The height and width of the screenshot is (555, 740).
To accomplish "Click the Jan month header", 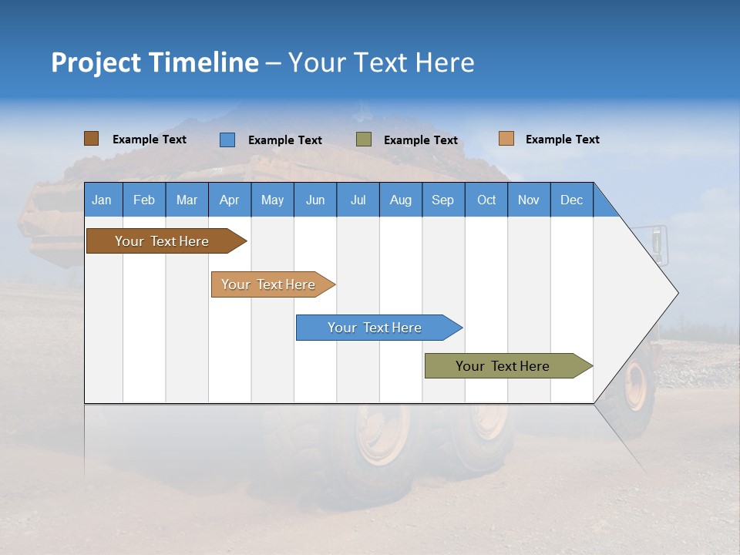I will coord(102,200).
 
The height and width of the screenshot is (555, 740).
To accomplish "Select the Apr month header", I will coord(229,200).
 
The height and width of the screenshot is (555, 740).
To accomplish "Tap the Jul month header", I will coord(358,200).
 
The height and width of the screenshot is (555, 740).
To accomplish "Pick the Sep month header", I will coord(442,200).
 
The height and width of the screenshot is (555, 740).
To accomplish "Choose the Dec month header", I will coord(571,200).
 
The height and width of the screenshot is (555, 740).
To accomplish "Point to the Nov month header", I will coord(528,200).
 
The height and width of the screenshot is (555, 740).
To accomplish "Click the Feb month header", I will coord(144,200).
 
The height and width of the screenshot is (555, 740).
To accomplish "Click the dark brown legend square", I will coord(92,139).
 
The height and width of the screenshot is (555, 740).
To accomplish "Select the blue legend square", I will coord(227,140).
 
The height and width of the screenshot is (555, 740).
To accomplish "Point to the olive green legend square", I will coord(364,140).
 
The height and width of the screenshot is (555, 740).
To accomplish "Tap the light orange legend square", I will coord(506,139).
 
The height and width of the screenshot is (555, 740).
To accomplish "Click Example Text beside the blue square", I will coord(284,140).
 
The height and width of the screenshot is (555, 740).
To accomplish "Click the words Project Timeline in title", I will coord(155,62).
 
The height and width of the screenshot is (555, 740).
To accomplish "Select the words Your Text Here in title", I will coord(381,62).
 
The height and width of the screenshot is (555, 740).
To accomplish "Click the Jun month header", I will coord(314,200).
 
